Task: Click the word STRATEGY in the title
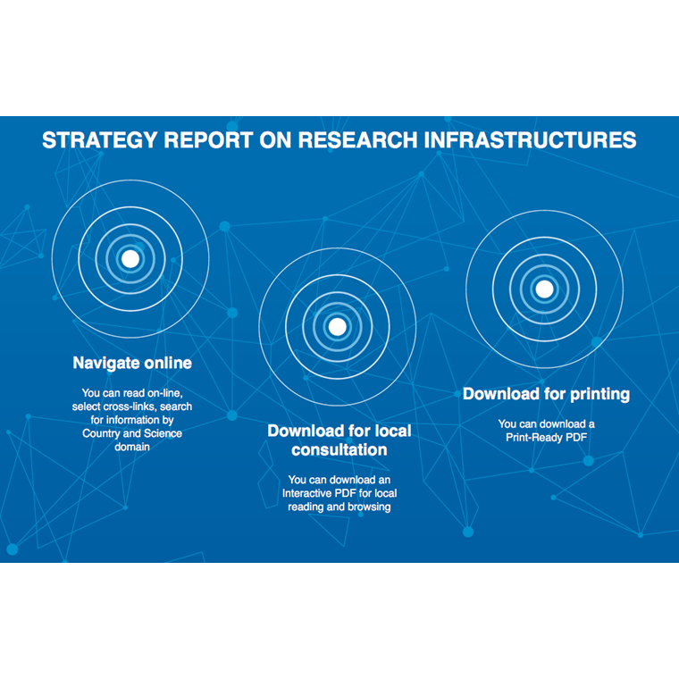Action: pyautogui.click(x=99, y=140)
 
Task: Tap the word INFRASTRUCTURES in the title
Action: pyautogui.click(x=530, y=140)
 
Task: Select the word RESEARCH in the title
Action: pyautogui.click(x=357, y=140)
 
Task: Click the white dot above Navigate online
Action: pyautogui.click(x=130, y=259)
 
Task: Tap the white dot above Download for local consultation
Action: pyautogui.click(x=338, y=327)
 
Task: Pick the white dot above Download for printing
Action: pyautogui.click(x=544, y=289)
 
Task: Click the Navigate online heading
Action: pyautogui.click(x=132, y=363)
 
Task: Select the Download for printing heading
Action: pyautogui.click(x=546, y=394)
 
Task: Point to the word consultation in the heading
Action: pyautogui.click(x=339, y=450)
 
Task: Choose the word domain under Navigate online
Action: pyautogui.click(x=132, y=447)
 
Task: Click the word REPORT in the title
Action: pyautogui.click(x=208, y=140)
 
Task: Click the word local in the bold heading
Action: pyautogui.click(x=393, y=431)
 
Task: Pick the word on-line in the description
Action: pyautogui.click(x=165, y=393)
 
